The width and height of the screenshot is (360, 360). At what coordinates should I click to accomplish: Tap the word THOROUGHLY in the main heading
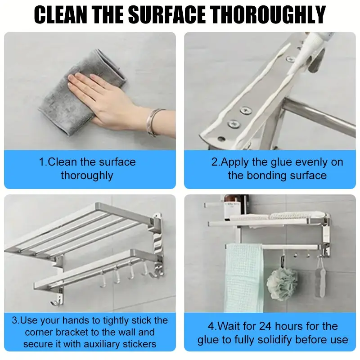tap(269, 15)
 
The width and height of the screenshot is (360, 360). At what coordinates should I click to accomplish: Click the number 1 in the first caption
tap(42, 162)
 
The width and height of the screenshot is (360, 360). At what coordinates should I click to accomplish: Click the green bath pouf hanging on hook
tap(282, 284)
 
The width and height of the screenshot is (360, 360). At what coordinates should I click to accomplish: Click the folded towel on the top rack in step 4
tap(292, 216)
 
